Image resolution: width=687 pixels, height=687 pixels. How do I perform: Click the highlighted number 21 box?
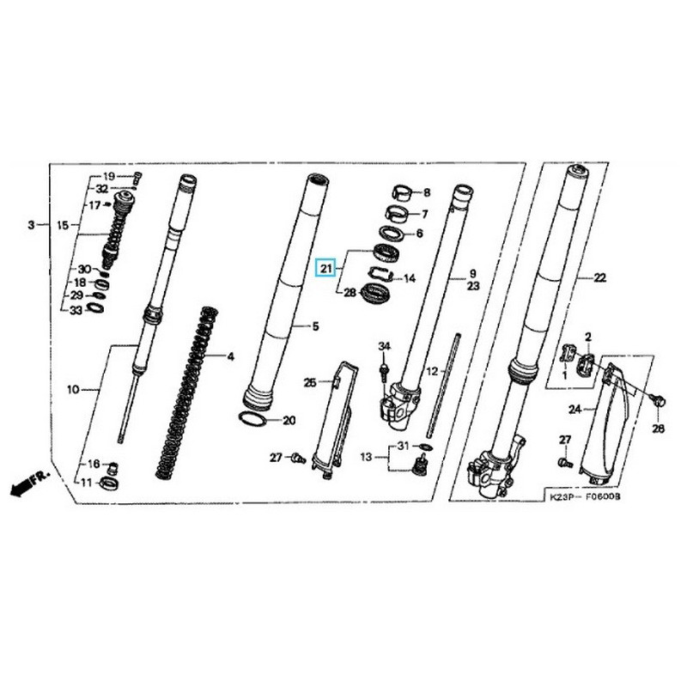click(x=325, y=269)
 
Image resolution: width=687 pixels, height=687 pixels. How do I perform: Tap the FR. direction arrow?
click(x=27, y=483)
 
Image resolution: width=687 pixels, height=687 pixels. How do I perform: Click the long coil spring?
click(x=188, y=391)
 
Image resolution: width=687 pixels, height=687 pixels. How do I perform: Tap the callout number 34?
click(x=384, y=346)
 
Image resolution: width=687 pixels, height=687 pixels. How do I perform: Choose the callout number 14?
click(x=410, y=278)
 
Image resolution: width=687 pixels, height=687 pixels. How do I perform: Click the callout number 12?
click(x=433, y=371)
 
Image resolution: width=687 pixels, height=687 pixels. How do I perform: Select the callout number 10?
click(x=73, y=390)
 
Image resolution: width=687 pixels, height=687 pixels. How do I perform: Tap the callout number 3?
click(x=31, y=225)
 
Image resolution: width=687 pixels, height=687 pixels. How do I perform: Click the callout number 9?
click(x=471, y=275)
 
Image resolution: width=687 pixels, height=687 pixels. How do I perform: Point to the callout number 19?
click(x=108, y=176)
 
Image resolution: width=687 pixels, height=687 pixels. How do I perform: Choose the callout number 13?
click(x=367, y=458)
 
